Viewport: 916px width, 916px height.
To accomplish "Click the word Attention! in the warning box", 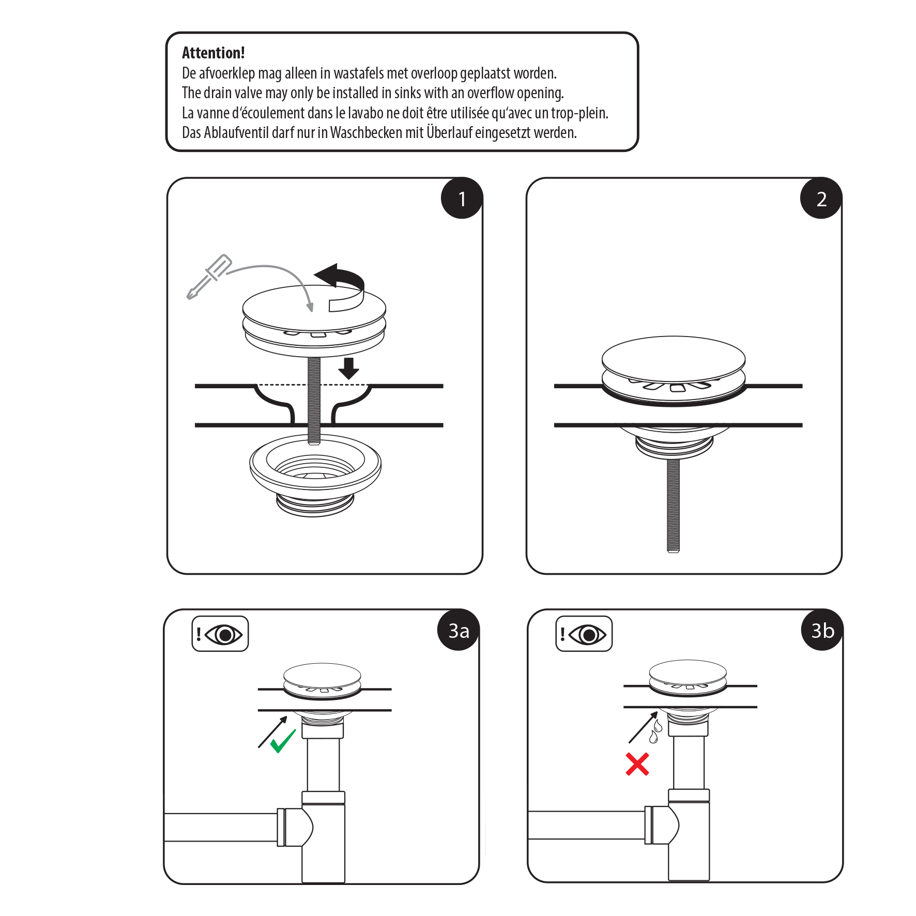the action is coord(213,53).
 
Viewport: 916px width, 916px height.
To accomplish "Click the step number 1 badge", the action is coord(462,199).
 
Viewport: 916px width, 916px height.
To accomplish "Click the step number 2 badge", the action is coord(821,199).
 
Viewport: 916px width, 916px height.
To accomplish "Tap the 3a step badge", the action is coord(459,630).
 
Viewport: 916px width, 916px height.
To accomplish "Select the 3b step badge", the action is coord(822,630).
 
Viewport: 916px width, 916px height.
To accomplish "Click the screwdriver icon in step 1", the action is coord(209,277).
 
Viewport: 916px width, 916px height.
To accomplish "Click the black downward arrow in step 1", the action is coord(349,368).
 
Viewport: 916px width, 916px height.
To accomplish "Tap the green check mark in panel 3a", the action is coord(283,741).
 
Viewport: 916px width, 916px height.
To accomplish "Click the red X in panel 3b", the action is coord(637,764).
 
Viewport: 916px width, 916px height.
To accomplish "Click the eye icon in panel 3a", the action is coord(224,634).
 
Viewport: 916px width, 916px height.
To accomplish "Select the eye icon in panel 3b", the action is coord(588,634).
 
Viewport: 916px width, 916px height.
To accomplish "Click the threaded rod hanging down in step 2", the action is coord(673,506).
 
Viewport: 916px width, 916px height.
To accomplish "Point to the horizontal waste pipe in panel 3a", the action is coord(221,827).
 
